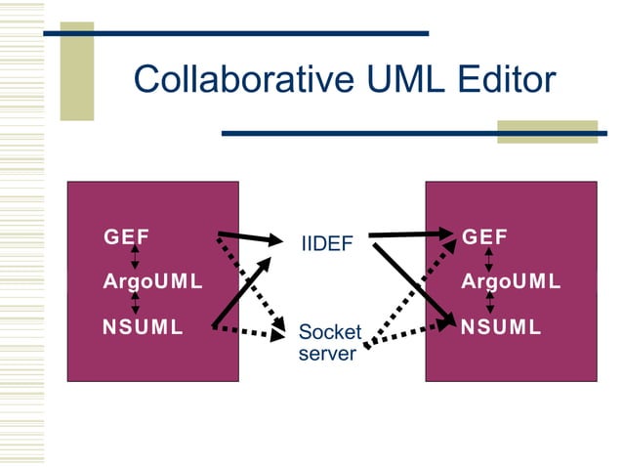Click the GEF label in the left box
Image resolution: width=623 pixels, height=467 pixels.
126,236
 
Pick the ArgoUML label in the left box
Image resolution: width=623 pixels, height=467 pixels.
152,282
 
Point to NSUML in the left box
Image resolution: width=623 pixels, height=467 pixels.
143,327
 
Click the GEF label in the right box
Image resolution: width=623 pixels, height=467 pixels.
484,236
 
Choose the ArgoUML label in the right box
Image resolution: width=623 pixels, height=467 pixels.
511,282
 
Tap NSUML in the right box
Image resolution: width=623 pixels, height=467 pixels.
501,327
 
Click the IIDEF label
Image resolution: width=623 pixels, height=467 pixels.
326,243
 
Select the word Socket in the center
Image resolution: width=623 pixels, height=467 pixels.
329,332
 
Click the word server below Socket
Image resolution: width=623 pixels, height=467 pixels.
327,353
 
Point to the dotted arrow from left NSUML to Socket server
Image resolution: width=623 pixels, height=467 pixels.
249,332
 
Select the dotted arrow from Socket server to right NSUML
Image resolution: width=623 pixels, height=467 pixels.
410,332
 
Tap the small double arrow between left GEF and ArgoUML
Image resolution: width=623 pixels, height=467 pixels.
136,259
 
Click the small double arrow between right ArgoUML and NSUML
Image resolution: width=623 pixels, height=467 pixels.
489,304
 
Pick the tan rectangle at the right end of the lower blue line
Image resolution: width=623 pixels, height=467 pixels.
547,131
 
